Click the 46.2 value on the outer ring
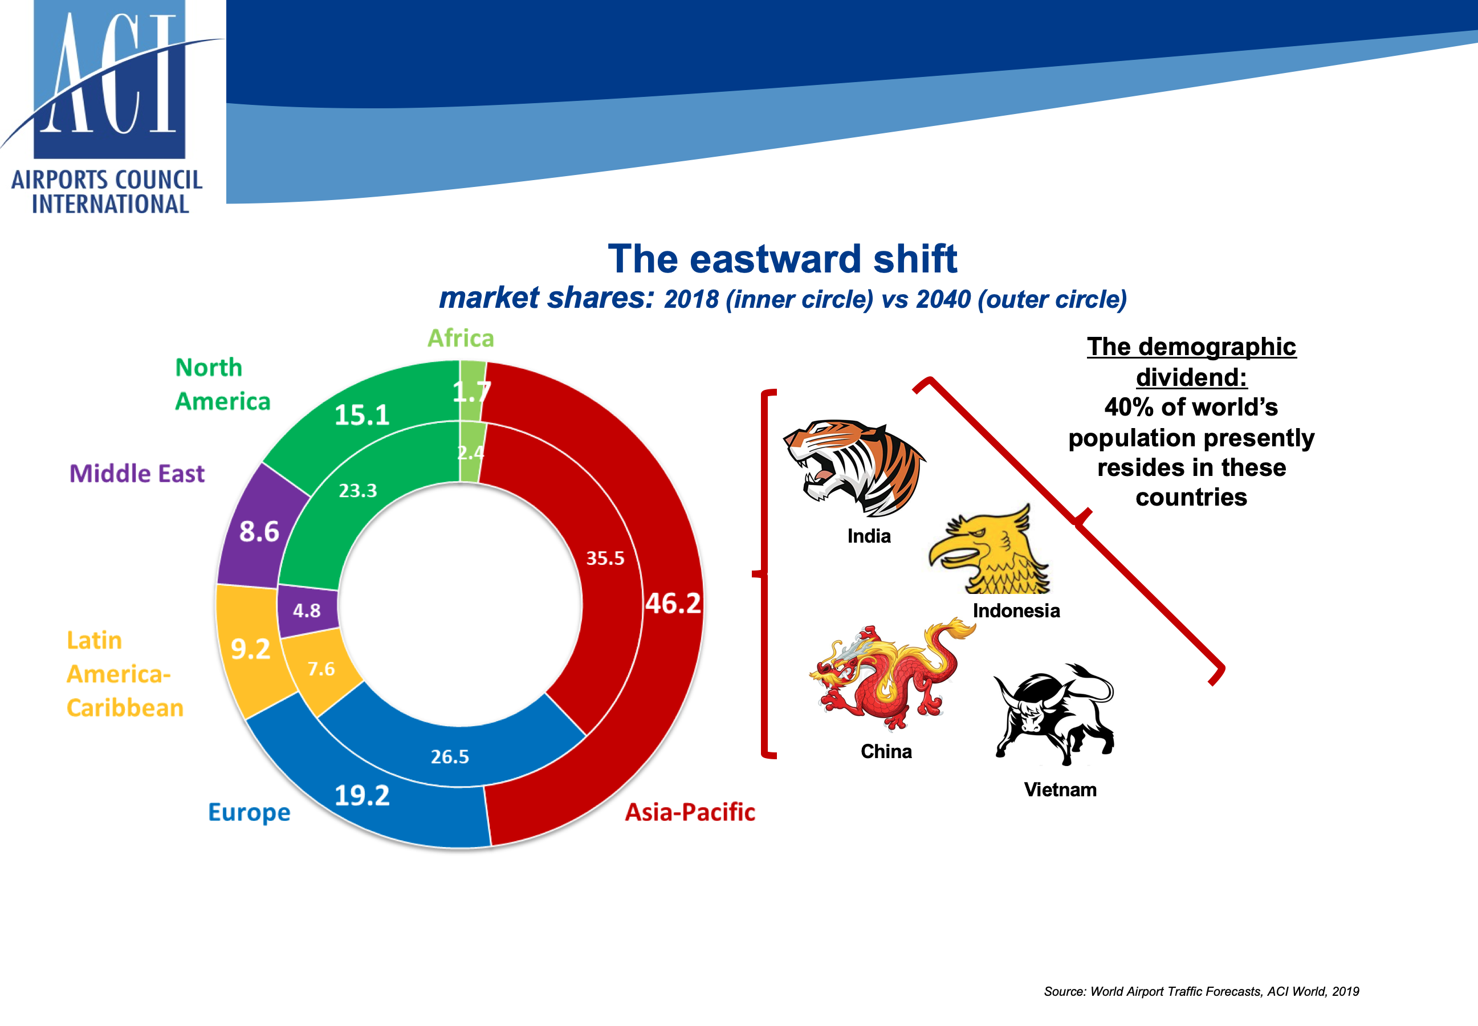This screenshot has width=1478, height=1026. coord(673,603)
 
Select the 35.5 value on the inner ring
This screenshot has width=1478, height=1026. coord(605,558)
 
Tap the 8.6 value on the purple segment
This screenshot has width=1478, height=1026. coord(259,532)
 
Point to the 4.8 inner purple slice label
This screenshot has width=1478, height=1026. coord(307,610)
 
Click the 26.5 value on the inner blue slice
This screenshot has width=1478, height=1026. coord(450,756)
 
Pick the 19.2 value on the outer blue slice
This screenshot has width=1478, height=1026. coord(362,796)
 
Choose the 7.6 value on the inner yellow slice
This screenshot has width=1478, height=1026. coord(321,669)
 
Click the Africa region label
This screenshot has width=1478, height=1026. coord(461,338)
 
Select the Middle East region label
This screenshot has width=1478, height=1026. coord(137,474)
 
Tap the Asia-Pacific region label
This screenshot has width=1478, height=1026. coord(690,813)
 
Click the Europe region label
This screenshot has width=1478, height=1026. coord(250,813)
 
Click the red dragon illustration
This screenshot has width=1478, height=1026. coord(892,674)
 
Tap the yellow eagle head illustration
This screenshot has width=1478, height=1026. coord(989,549)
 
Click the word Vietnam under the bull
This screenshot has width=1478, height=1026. coord(1060,789)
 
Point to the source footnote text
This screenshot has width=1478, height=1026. coord(1201,991)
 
